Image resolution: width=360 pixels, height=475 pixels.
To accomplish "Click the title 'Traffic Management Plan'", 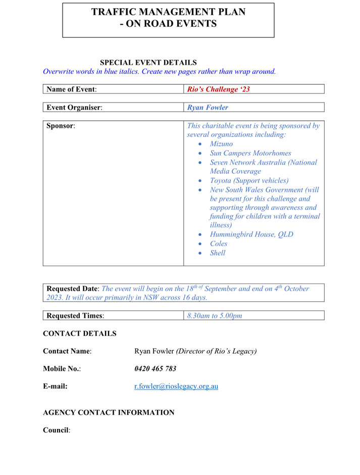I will pyautogui.click(x=168, y=12).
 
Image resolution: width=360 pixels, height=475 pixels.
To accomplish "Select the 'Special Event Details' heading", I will pyautogui.click(x=148, y=63).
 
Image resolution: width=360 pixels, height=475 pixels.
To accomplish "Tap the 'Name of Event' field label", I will pyautogui.click(x=71, y=89).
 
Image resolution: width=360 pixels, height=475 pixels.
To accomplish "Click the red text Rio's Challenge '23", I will pyautogui.click(x=218, y=89).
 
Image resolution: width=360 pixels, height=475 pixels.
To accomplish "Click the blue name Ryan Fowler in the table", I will pyautogui.click(x=208, y=108).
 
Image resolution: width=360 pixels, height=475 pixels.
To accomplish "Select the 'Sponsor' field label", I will pyautogui.click(x=61, y=126).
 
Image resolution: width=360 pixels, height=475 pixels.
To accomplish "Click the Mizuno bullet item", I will pyautogui.click(x=221, y=144).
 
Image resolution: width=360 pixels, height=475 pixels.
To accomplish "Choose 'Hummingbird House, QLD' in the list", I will pyautogui.click(x=251, y=234).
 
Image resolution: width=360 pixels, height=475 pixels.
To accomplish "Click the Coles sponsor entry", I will pyautogui.click(x=219, y=244).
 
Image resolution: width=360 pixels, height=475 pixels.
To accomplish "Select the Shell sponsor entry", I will pyautogui.click(x=218, y=253).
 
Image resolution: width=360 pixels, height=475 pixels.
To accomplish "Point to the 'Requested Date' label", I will pyautogui.click(x=73, y=289).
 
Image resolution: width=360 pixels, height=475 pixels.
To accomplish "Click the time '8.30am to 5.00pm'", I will pyautogui.click(x=215, y=316).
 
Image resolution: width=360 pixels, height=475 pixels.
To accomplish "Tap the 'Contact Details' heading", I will pyautogui.click(x=80, y=334).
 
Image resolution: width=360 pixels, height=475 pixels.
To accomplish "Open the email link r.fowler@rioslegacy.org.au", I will pyautogui.click(x=176, y=387).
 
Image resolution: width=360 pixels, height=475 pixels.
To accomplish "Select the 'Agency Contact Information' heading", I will pyautogui.click(x=109, y=412).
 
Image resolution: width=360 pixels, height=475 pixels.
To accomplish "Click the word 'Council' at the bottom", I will pyautogui.click(x=56, y=431).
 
